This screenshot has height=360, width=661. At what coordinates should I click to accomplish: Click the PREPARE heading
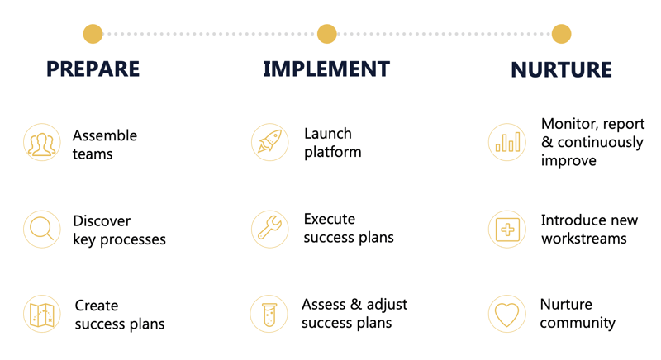click(x=93, y=69)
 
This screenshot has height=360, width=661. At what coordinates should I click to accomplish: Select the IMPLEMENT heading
click(x=326, y=69)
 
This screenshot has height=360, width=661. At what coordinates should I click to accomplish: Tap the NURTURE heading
click(x=561, y=70)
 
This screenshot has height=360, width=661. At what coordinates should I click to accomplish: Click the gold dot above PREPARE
click(x=93, y=34)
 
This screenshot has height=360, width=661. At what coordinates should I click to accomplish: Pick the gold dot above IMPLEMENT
click(x=326, y=34)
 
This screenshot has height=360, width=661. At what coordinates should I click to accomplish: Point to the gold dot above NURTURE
click(x=561, y=34)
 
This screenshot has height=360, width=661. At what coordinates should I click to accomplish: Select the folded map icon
click(x=42, y=314)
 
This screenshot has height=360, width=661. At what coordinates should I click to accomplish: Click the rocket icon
click(x=270, y=142)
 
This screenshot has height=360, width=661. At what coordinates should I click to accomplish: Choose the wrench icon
click(x=270, y=229)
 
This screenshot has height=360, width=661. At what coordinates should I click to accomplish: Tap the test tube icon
click(x=269, y=314)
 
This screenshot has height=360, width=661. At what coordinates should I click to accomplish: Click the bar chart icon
click(x=507, y=142)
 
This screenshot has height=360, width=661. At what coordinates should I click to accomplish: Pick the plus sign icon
click(x=507, y=230)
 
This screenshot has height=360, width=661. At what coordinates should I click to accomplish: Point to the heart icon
click(x=507, y=314)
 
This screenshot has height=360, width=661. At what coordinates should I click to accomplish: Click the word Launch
click(x=328, y=134)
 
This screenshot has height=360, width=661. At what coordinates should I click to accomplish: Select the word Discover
click(x=102, y=220)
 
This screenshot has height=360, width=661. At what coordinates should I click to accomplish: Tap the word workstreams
click(x=584, y=239)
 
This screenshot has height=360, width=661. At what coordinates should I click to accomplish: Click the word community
click(x=578, y=323)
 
